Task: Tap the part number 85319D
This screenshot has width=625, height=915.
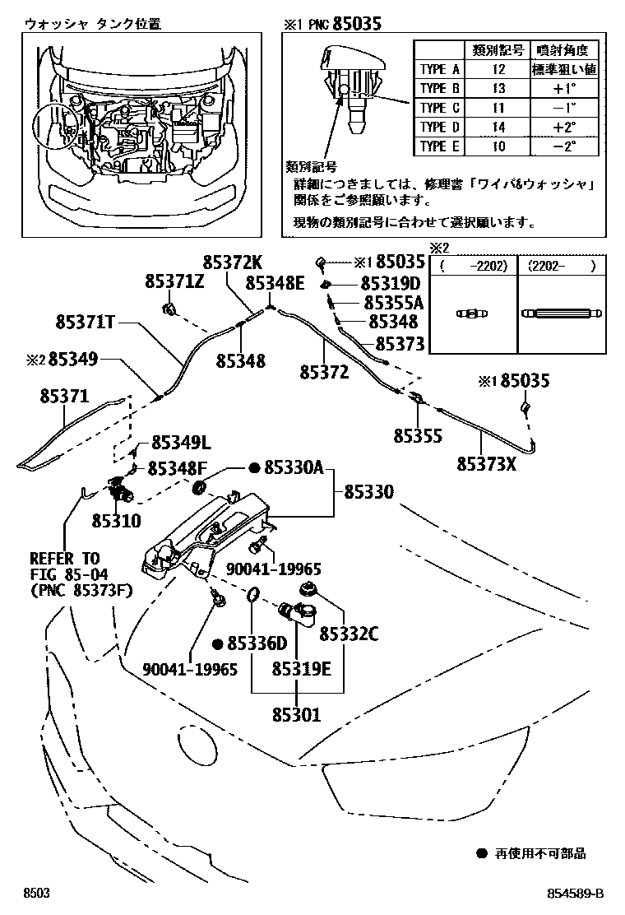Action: click(x=392, y=284)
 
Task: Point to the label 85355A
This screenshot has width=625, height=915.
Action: click(x=392, y=303)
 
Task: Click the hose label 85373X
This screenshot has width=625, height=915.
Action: click(x=486, y=463)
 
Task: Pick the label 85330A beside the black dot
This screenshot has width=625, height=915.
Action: click(x=294, y=468)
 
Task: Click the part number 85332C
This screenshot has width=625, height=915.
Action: click(x=349, y=634)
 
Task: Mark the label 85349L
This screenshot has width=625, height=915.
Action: click(x=178, y=444)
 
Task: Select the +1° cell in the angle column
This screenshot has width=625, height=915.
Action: click(x=562, y=89)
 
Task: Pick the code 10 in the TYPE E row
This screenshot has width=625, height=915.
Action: click(x=494, y=146)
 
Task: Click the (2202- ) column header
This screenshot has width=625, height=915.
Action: click(x=562, y=266)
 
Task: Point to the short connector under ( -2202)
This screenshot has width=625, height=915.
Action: click(x=473, y=314)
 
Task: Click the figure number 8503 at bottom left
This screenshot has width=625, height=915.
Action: click(x=37, y=894)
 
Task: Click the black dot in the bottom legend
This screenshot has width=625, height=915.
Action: click(x=481, y=854)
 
